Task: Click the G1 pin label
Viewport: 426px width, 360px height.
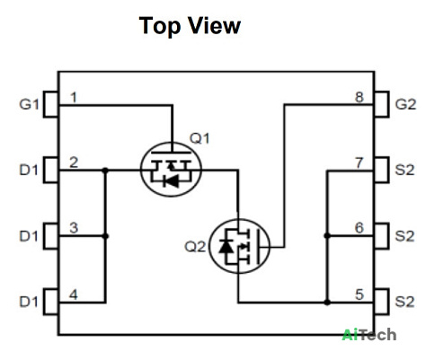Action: [29, 104]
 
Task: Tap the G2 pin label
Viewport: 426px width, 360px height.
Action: [405, 104]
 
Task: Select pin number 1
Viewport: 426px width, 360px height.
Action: [74, 97]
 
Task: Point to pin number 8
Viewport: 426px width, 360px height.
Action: [359, 97]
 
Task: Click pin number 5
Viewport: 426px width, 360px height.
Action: [359, 294]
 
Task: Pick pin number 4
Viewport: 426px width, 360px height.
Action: [74, 294]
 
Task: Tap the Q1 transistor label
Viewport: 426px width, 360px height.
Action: [200, 138]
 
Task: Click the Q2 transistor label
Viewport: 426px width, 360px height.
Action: [195, 247]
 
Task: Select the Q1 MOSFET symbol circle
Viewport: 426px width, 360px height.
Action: [171, 143]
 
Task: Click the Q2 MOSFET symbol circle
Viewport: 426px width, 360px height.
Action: [239, 219]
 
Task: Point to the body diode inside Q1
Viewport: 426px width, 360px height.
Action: [172, 181]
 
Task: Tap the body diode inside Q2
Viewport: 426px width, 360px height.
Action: [226, 247]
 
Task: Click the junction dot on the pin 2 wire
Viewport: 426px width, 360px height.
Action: [105, 171]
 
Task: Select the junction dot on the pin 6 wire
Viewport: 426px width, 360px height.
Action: [327, 236]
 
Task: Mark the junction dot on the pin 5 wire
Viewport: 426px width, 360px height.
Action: [327, 303]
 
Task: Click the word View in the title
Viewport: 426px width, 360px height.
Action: [215, 26]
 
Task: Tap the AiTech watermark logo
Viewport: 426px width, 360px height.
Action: [369, 335]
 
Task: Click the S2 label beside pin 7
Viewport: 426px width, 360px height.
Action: [404, 170]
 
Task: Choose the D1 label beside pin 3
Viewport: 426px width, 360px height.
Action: [29, 236]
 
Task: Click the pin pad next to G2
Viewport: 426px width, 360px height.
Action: [382, 104]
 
